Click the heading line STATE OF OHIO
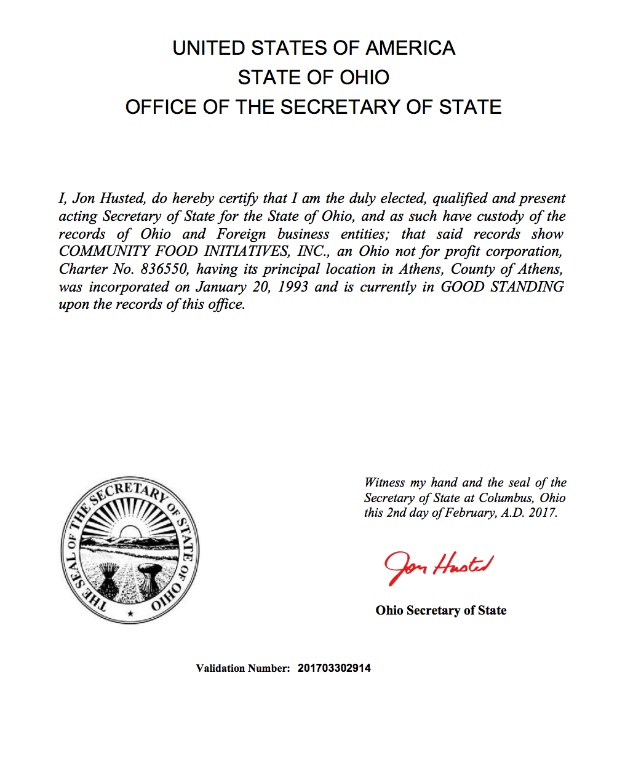pos(313,78)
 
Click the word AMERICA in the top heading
pos(410,48)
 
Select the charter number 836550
pos(164,269)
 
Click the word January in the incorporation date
pos(221,287)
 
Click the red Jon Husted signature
pos(439,566)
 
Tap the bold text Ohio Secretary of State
pos(441,610)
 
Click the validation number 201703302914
pos(334,668)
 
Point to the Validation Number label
pos(242,668)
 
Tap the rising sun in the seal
pos(130,530)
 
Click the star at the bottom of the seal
pos(130,613)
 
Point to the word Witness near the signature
pos(384,483)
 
